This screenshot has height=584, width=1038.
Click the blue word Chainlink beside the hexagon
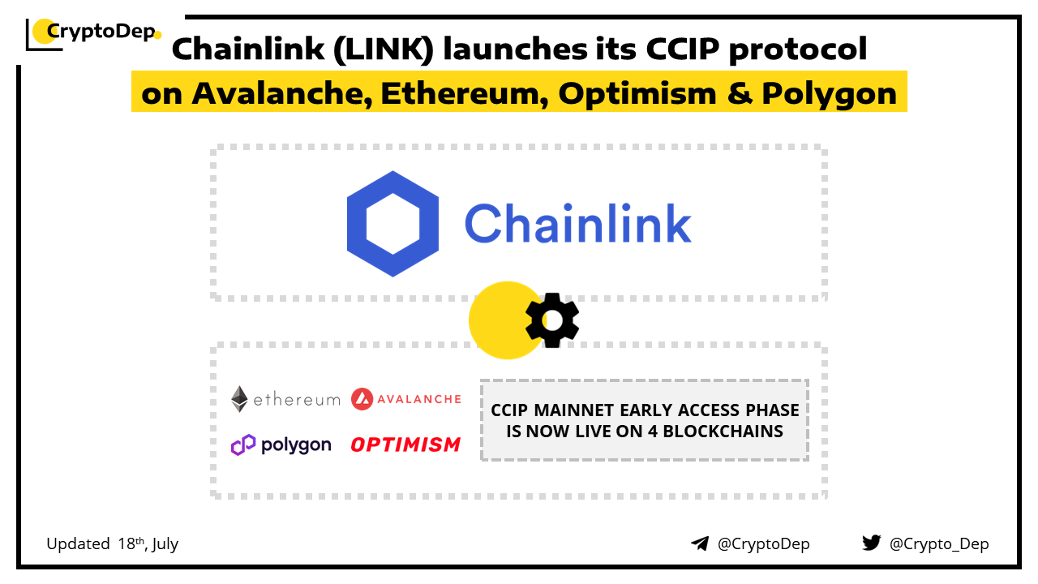tap(578, 224)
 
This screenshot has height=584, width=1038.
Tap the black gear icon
tap(552, 320)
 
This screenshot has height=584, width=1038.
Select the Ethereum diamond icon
tap(239, 398)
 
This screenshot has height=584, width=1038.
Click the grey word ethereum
tap(297, 400)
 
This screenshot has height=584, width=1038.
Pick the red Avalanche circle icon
tap(362, 398)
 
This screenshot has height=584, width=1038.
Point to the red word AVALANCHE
tap(419, 399)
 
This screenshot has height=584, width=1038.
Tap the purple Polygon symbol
tap(243, 445)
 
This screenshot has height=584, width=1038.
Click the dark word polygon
tap(296, 445)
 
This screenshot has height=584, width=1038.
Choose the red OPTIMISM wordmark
tap(405, 445)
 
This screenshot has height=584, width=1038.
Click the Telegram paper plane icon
tap(700, 543)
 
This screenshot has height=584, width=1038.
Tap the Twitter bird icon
tap(871, 543)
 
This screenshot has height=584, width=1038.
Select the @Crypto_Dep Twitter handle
tap(939, 543)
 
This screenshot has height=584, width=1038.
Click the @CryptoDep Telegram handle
tap(763, 543)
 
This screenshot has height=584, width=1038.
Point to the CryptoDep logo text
tap(101, 32)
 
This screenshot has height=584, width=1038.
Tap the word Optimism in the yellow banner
tap(637, 93)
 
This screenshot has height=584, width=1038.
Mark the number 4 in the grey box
tap(653, 432)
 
